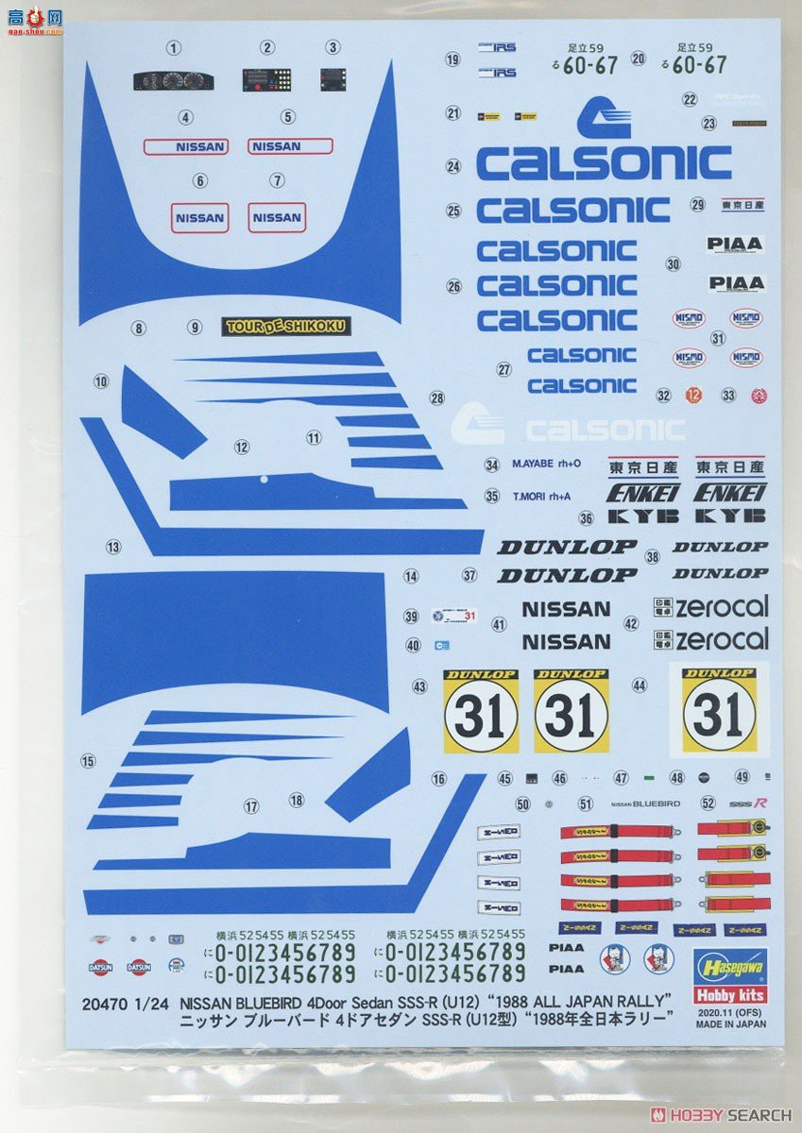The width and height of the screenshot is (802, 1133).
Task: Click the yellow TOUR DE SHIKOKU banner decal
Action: [x=286, y=327]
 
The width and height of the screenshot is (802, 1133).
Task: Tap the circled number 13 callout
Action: [x=113, y=547]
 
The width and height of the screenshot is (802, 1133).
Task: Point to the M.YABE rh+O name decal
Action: [x=538, y=465]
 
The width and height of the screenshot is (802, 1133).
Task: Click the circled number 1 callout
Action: [x=173, y=48]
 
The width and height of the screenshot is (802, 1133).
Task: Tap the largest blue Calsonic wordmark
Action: [x=604, y=162]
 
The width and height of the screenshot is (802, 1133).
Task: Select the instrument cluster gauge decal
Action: [x=173, y=80]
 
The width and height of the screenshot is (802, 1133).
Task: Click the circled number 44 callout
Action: [x=640, y=685]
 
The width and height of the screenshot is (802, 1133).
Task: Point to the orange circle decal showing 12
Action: [x=694, y=396]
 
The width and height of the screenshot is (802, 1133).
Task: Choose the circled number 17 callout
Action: [x=251, y=806]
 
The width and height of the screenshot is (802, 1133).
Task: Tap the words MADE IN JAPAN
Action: [x=737, y=1022]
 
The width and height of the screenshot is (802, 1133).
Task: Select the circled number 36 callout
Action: [x=586, y=517]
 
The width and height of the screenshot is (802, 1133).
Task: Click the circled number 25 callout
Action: [x=453, y=211]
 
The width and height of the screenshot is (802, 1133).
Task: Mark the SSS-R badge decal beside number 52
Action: [x=747, y=803]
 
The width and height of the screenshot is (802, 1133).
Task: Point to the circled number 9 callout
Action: [x=195, y=328]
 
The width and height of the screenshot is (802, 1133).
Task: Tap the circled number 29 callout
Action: [x=698, y=204]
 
